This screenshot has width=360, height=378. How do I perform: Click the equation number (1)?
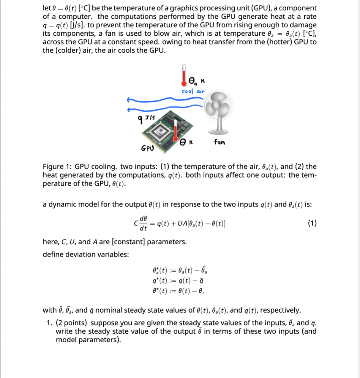[311, 224]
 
